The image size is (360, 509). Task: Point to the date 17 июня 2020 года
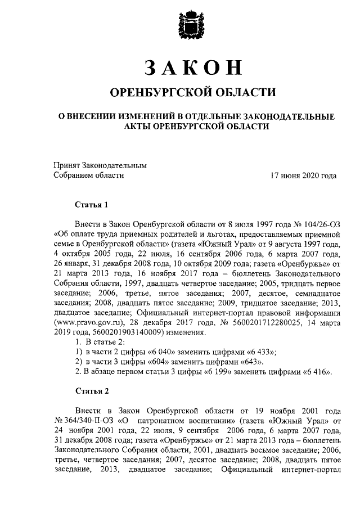(x=303, y=175)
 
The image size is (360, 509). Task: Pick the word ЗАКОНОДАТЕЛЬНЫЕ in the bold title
(x=283, y=116)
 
